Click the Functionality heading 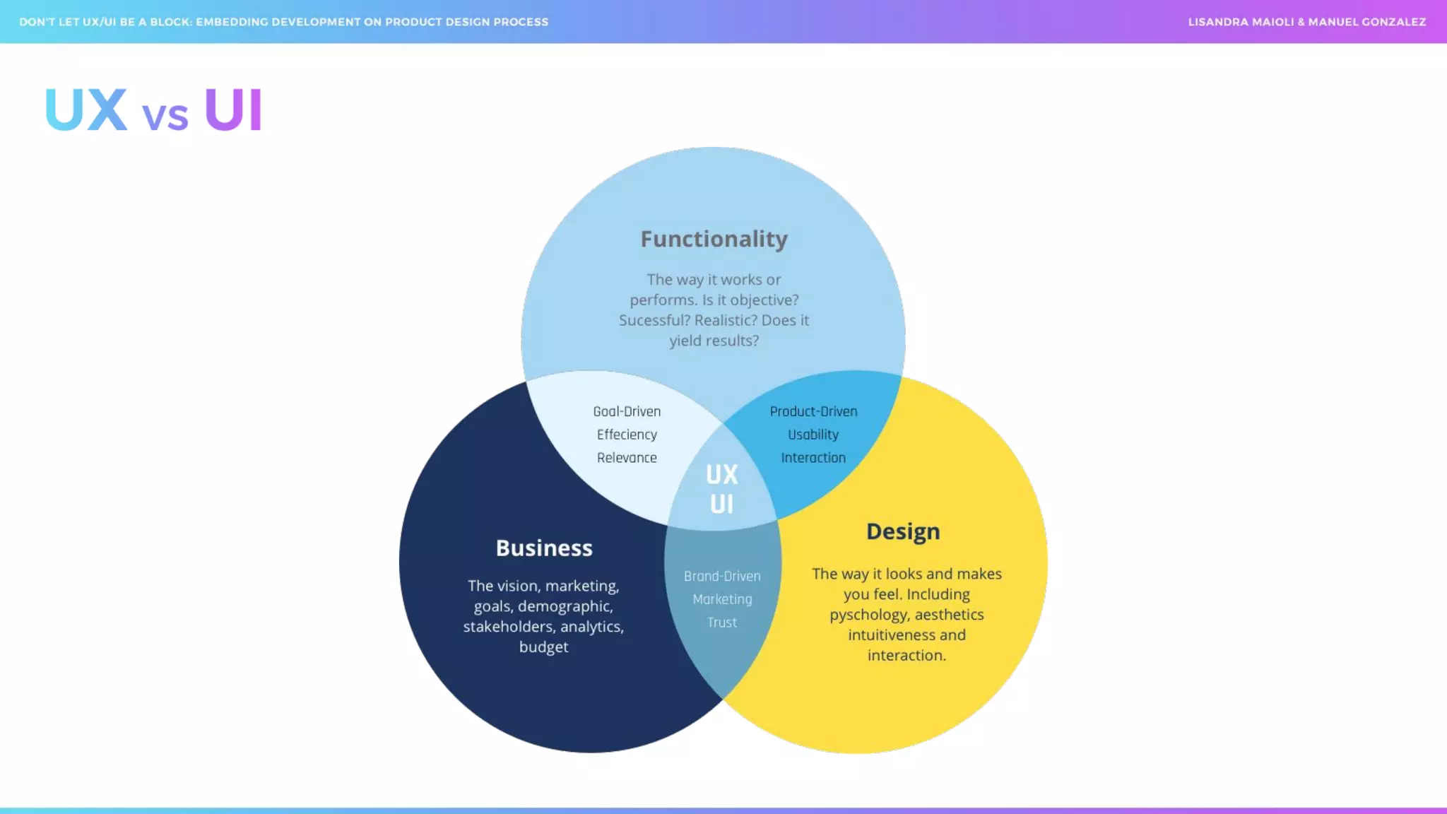point(714,240)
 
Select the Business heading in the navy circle point(544,548)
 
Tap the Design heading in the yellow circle point(903,532)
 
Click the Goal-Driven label point(627,412)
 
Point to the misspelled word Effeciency point(627,435)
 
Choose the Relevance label point(627,458)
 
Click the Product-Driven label point(813,412)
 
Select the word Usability point(813,435)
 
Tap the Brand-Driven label point(722,577)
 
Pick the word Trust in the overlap point(722,623)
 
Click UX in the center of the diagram point(721,475)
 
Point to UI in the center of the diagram point(721,505)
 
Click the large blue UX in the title point(86,110)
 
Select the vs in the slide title point(165,116)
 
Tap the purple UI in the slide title point(233,110)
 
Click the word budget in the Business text point(543,647)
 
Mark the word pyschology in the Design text point(868,615)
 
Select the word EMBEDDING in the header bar point(232,22)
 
